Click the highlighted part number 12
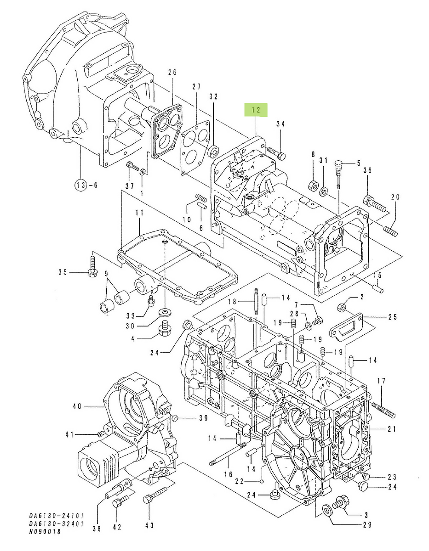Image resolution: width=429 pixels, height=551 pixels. (256, 110)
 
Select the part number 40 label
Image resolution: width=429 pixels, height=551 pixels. (77, 406)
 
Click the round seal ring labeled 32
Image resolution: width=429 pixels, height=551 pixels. (213, 150)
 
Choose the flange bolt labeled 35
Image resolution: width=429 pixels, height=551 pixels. (92, 272)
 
